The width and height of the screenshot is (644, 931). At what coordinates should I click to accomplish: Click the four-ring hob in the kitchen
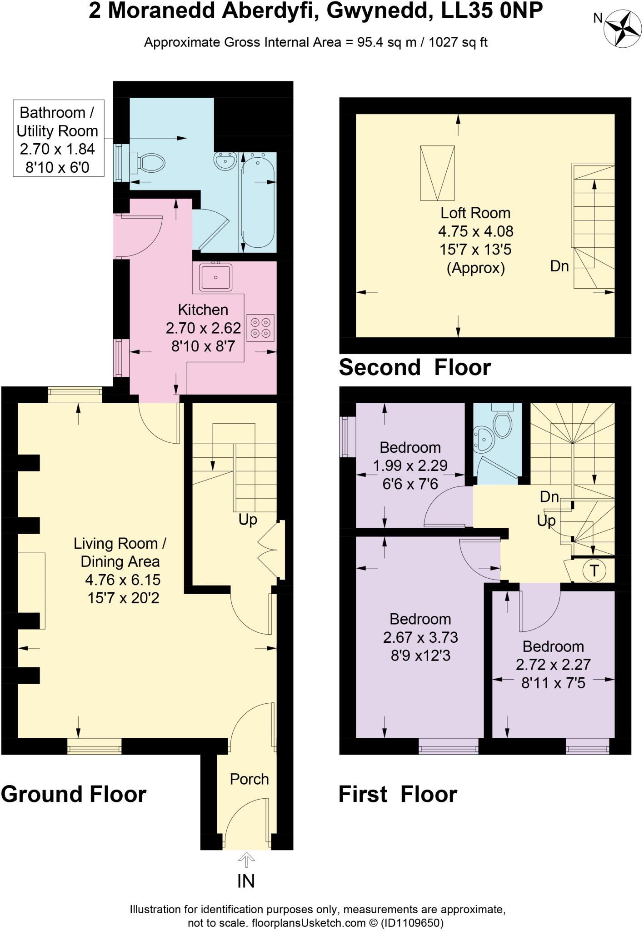260,327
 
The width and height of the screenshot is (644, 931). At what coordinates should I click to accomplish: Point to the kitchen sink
215,277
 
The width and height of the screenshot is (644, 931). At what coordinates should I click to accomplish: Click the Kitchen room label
203,310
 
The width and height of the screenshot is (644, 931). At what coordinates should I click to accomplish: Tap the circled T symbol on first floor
594,571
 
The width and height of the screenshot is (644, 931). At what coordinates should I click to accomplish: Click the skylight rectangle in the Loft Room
437,173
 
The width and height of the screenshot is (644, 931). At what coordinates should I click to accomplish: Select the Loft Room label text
475,213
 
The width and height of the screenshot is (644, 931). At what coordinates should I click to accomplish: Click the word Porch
249,779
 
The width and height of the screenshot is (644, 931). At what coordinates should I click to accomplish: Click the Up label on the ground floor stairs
248,519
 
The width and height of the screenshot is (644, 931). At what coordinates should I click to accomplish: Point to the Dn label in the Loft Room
559,266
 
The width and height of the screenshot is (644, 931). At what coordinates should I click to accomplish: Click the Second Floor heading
414,367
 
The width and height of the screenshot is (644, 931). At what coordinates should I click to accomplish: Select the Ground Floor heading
74,794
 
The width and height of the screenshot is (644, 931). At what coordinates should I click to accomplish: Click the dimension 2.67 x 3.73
420,637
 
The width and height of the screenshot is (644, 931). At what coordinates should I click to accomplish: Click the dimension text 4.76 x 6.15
123,580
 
